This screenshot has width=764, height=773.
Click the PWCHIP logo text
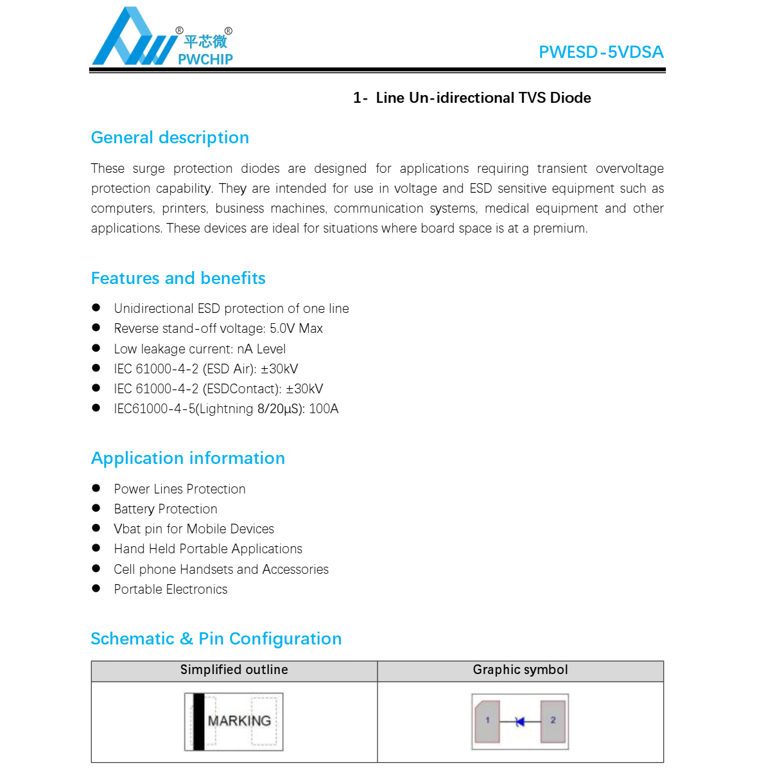205,59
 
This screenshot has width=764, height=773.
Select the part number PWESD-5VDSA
601,52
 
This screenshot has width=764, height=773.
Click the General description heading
170,138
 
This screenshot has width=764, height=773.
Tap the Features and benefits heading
178,278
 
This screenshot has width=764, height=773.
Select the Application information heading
188,458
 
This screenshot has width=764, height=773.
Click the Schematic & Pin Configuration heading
216,639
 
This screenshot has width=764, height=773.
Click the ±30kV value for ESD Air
279,369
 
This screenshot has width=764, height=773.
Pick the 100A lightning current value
324,409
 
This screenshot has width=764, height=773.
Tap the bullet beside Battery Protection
96,508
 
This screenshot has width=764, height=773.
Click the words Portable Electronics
171,589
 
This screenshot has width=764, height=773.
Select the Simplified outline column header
234,670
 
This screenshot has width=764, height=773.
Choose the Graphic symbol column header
521,670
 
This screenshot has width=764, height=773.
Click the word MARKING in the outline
239,721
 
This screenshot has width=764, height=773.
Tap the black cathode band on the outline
199,722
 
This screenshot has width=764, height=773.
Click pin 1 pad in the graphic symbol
488,721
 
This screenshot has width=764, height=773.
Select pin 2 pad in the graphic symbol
553,721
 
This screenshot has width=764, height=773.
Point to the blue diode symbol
520,722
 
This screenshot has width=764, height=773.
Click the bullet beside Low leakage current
96,348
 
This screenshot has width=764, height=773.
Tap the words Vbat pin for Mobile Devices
194,529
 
